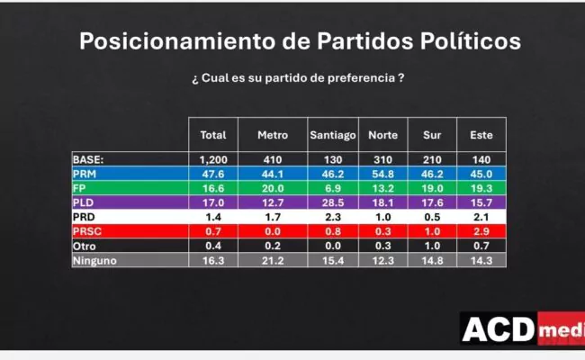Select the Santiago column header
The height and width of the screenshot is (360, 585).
(x=333, y=135)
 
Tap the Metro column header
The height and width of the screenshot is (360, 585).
(x=273, y=135)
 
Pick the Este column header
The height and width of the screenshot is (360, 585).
(x=481, y=135)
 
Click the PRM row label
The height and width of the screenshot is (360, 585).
(x=85, y=174)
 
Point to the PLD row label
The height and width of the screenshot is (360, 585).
(x=85, y=202)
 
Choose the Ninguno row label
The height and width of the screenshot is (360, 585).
(x=95, y=261)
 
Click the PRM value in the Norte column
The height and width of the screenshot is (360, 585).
(x=382, y=174)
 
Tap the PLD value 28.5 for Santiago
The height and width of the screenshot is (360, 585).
(x=333, y=203)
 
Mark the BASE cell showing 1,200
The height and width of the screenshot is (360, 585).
(x=212, y=159)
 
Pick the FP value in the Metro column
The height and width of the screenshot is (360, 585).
(x=273, y=188)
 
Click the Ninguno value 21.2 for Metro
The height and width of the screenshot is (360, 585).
(x=273, y=261)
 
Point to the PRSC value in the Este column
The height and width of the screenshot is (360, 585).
(x=481, y=232)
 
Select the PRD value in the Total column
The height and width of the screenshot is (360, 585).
(x=212, y=218)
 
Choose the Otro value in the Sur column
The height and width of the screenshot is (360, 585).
(x=431, y=247)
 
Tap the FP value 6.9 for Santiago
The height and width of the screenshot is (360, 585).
(x=333, y=188)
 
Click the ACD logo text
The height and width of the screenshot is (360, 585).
(x=498, y=330)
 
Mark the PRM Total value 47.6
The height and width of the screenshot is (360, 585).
(x=212, y=174)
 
